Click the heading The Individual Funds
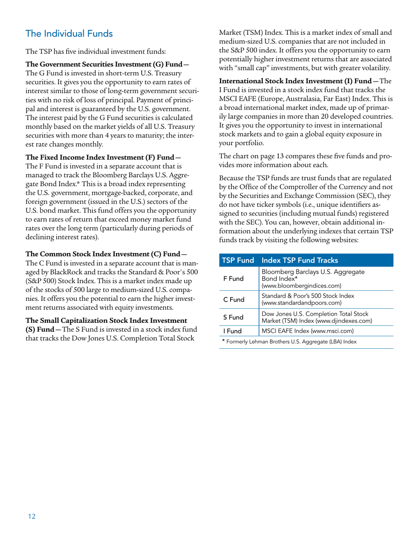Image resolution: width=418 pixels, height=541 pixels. [x=69, y=33]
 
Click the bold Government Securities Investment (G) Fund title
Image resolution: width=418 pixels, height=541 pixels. [x=107, y=65]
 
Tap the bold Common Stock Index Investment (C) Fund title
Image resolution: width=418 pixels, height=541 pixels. [x=106, y=254]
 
